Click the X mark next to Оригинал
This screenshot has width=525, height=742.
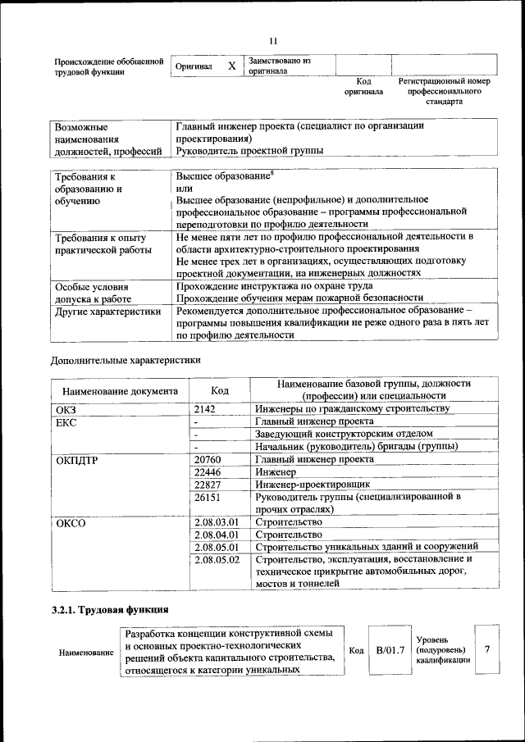(231, 66)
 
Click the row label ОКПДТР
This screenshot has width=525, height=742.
(76, 460)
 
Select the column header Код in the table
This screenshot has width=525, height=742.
(219, 390)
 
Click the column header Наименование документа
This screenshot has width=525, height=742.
(119, 391)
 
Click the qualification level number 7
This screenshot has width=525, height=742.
(487, 649)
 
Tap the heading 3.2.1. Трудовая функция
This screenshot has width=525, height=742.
(110, 610)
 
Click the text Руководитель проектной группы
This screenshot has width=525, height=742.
(249, 151)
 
